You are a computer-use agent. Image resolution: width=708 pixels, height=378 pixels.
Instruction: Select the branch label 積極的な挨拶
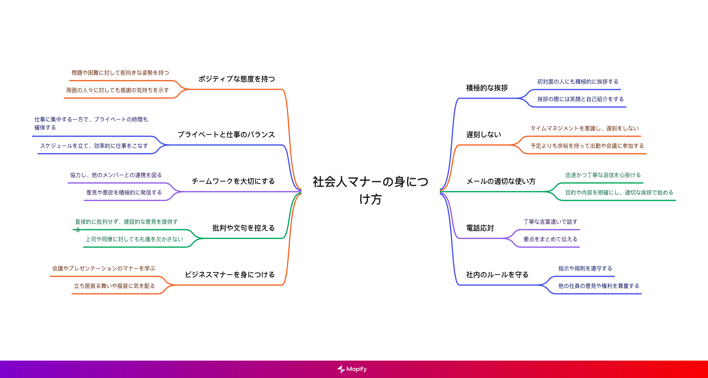[x=487, y=88]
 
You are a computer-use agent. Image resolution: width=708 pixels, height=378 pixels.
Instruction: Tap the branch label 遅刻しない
[x=483, y=135]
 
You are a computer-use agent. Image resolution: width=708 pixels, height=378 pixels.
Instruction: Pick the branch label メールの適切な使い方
[x=501, y=181]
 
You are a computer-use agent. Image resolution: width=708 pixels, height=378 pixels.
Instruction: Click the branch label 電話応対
[x=480, y=228]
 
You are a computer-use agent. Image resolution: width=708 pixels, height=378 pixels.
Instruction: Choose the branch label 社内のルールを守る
[x=497, y=275]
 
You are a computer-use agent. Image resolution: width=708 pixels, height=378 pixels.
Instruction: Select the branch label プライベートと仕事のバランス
[x=226, y=135]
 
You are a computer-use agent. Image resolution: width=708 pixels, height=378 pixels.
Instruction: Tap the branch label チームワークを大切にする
[x=233, y=181]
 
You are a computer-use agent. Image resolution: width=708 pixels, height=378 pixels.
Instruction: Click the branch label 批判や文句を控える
[x=243, y=228]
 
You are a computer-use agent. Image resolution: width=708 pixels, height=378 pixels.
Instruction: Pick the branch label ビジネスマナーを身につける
[x=230, y=275]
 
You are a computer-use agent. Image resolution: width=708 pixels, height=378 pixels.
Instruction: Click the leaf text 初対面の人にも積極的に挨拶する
[x=578, y=82]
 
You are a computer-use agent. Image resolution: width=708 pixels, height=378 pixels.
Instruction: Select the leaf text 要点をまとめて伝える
[x=550, y=239]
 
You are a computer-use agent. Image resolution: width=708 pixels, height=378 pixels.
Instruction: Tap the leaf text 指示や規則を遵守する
[x=585, y=268]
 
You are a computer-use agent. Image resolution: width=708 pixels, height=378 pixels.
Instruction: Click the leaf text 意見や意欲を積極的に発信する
[x=124, y=192]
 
